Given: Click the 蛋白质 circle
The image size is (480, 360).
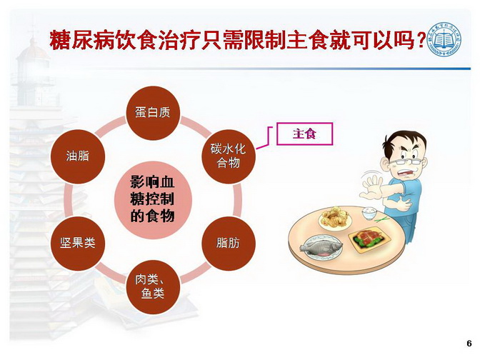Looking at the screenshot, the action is [x=152, y=113].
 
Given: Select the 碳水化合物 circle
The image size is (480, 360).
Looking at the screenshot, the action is [x=228, y=156].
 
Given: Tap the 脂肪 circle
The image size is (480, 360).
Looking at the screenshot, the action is [x=228, y=244].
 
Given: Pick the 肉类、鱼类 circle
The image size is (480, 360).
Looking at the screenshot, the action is [x=153, y=287].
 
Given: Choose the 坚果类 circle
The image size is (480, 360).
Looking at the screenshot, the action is [x=78, y=244].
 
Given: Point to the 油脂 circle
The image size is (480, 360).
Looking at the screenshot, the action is [x=78, y=156].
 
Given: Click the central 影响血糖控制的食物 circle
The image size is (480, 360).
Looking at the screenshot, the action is [x=153, y=200].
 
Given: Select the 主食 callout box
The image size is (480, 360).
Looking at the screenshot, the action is [x=304, y=134].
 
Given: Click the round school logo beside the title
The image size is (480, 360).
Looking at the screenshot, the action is [x=444, y=39].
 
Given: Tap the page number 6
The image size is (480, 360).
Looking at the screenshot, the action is [x=469, y=343].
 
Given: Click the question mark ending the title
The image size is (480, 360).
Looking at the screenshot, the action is [x=421, y=41].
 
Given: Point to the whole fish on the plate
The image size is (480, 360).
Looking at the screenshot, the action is [x=321, y=246].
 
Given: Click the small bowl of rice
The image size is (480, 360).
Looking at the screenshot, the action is [x=369, y=213].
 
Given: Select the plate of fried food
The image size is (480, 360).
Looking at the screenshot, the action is [x=335, y=217].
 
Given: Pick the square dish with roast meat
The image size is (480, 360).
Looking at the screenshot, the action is [x=371, y=239].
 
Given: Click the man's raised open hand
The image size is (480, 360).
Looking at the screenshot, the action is [x=371, y=187].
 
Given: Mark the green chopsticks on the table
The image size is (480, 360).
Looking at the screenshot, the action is [x=382, y=219].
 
